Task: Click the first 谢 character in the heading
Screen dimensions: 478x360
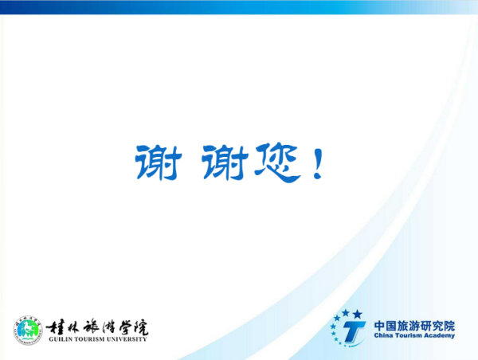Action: pos(159,162)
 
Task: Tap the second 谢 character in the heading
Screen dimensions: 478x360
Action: pos(225,162)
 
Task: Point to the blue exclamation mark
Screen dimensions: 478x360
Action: pos(318,163)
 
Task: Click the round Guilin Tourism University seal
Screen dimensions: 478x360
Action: pos(28,331)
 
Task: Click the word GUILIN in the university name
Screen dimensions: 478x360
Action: pos(60,339)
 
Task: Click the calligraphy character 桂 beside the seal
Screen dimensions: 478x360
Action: pos(53,328)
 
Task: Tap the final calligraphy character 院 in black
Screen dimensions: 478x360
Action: pos(140,327)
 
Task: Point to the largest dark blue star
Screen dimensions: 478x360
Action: pos(357,315)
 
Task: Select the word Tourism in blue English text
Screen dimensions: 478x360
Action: pos(408,335)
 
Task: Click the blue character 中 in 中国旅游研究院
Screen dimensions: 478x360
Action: pos(379,326)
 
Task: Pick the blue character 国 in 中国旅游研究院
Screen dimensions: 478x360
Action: pos(391,326)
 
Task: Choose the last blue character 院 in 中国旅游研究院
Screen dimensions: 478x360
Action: pos(449,326)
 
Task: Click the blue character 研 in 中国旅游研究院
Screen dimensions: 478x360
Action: pos(426,326)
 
